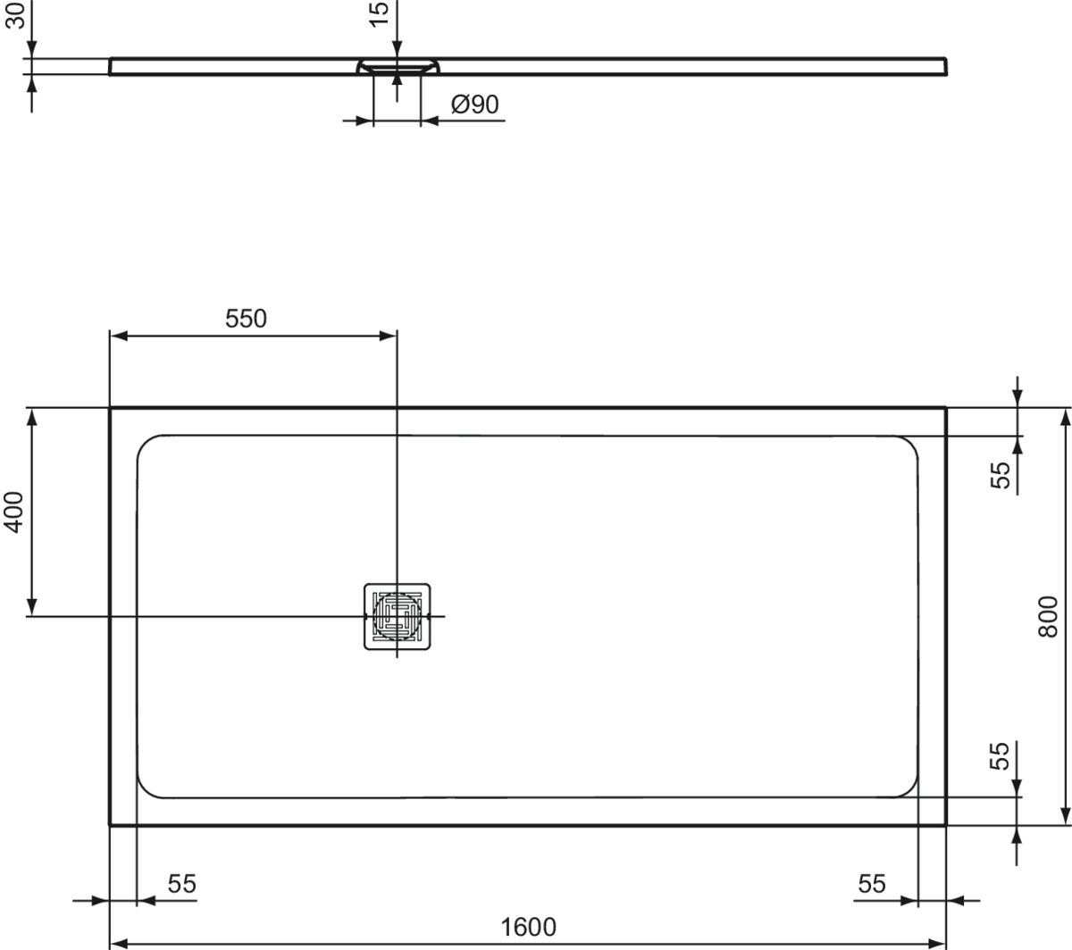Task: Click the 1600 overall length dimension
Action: point(528,927)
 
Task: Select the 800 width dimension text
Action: point(1048,617)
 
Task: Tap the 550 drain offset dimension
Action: point(246,319)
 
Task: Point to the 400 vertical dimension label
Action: point(14,512)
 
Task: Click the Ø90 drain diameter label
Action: point(474,104)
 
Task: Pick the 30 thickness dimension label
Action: point(15,15)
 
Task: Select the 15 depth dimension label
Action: point(379,14)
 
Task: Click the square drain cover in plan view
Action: point(397,617)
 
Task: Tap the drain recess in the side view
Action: point(398,65)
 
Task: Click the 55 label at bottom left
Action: point(182,884)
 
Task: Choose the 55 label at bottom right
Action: point(872,884)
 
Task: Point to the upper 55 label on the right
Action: point(1000,475)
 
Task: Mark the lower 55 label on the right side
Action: point(1000,756)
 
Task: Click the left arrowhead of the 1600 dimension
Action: point(119,944)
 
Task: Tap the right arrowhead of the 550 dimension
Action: point(388,336)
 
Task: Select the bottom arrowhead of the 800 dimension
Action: point(1066,815)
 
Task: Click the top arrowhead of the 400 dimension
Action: point(32,417)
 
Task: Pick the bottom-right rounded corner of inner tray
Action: point(909,788)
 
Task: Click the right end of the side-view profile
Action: point(945,67)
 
